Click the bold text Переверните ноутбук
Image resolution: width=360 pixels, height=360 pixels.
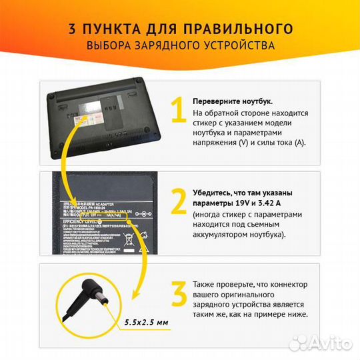(233, 101)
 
